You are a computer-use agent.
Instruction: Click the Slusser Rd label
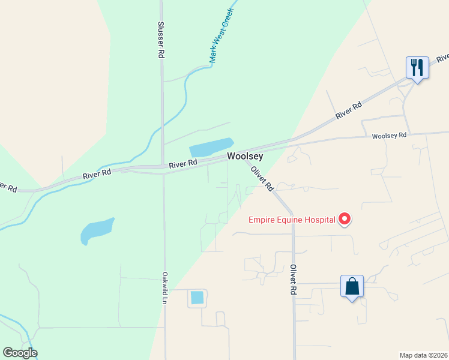(161, 40)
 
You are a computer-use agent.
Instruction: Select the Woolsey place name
(245, 156)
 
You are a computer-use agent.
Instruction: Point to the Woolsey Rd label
(389, 136)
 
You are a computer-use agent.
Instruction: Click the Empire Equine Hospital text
(292, 220)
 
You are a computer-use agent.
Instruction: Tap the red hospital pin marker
(345, 220)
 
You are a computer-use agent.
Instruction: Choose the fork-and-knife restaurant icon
(417, 67)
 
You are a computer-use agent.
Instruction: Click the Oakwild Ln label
(164, 288)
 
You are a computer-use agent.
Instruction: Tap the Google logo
(20, 353)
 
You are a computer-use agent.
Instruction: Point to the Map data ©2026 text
(423, 355)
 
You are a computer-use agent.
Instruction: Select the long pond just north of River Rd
(211, 148)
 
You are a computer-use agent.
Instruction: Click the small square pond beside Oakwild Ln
(197, 297)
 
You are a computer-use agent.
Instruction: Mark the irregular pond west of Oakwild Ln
(96, 230)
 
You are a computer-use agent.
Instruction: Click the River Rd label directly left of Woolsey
(183, 163)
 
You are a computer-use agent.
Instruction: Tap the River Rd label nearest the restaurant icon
(349, 110)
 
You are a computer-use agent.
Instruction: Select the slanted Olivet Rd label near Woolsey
(262, 178)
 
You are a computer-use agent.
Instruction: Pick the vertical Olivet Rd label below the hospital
(294, 279)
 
